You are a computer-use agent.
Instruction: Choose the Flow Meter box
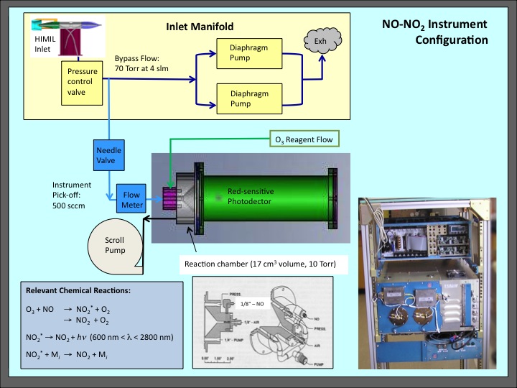point(132,199)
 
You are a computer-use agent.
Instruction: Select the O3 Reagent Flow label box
point(302,139)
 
